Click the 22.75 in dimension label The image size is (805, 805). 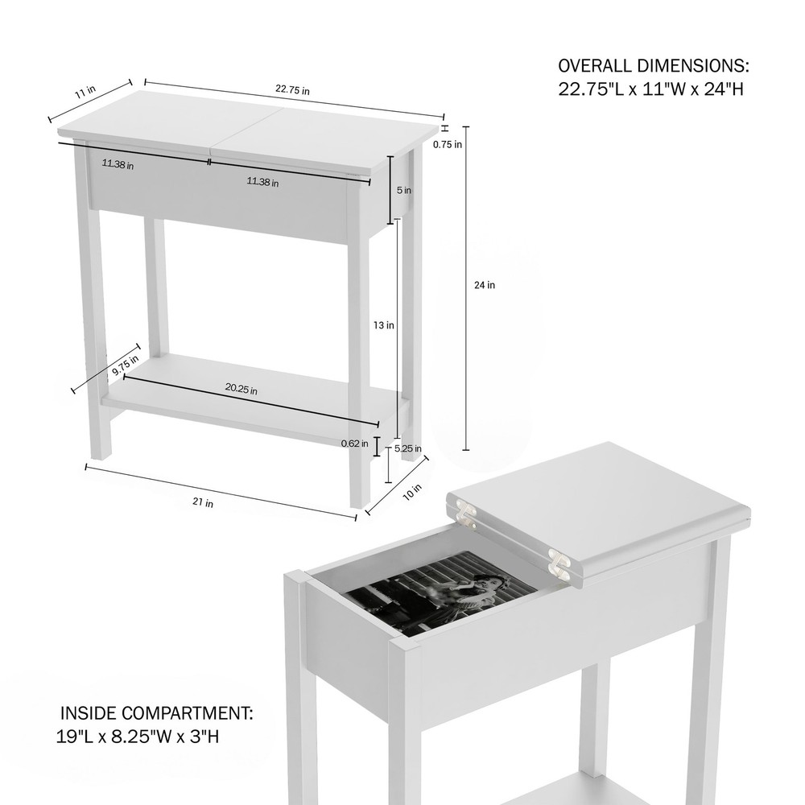(292, 91)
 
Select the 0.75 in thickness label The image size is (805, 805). (447, 145)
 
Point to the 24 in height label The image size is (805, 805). (485, 285)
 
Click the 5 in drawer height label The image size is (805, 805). (404, 191)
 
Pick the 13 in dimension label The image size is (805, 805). (384, 326)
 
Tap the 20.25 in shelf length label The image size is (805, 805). (242, 390)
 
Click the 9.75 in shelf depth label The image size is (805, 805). (125, 365)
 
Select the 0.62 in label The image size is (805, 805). (355, 444)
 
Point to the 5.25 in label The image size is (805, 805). (408, 449)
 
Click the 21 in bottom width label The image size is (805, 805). (203, 503)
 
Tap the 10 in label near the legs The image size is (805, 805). (412, 490)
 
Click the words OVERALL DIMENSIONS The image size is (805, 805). (654, 65)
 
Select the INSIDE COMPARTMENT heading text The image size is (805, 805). (158, 713)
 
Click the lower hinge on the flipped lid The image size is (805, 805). (558, 563)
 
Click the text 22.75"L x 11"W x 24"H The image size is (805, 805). (650, 89)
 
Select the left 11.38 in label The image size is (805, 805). (118, 164)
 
